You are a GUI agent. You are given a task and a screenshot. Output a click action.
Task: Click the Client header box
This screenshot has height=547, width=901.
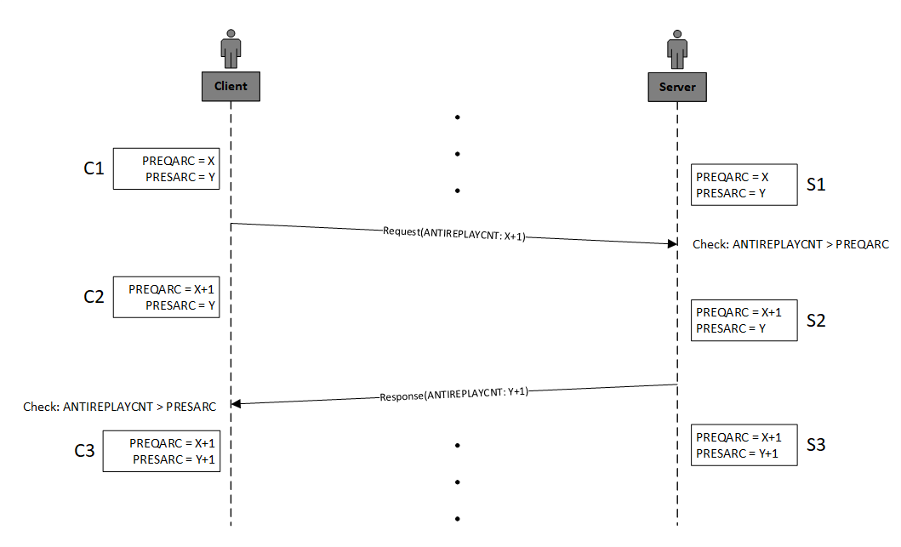click(231, 86)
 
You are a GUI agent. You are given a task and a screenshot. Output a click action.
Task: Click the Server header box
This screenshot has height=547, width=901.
click(677, 87)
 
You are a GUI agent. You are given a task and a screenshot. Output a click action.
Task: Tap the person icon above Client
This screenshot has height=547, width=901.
click(231, 48)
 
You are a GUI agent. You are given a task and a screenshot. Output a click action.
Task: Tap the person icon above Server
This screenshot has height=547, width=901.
click(677, 49)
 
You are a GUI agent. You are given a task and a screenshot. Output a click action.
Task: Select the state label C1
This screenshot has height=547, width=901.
click(94, 168)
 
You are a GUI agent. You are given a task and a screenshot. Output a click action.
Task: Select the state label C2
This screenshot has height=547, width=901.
click(94, 297)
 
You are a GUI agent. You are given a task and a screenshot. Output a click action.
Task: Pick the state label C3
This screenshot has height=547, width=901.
click(84, 451)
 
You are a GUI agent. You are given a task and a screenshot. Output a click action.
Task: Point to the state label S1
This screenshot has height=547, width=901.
click(816, 185)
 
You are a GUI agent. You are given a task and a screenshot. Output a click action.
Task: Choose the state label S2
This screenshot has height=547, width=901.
click(816, 320)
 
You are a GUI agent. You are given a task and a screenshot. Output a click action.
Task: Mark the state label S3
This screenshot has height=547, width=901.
click(816, 445)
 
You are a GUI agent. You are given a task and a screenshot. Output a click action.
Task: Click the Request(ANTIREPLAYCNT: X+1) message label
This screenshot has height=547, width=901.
click(454, 234)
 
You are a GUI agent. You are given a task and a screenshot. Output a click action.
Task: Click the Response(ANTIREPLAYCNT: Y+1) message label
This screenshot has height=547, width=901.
click(454, 394)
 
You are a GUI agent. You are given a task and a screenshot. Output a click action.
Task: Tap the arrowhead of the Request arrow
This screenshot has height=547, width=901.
click(672, 243)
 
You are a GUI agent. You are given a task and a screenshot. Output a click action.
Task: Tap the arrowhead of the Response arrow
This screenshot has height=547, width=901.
click(236, 403)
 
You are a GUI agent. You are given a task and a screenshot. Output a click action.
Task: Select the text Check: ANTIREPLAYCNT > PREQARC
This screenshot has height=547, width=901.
click(790, 244)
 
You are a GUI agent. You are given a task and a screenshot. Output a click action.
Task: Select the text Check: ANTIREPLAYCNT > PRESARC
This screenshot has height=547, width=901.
click(119, 407)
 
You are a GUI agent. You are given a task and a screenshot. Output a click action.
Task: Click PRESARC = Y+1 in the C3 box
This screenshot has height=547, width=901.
click(174, 459)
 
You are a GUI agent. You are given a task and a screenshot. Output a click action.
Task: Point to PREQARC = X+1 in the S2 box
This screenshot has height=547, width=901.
click(738, 312)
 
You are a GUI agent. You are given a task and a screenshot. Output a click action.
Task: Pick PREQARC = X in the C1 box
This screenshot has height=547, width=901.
click(178, 161)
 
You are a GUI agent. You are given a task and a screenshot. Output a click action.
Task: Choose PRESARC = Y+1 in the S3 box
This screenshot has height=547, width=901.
click(737, 454)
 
